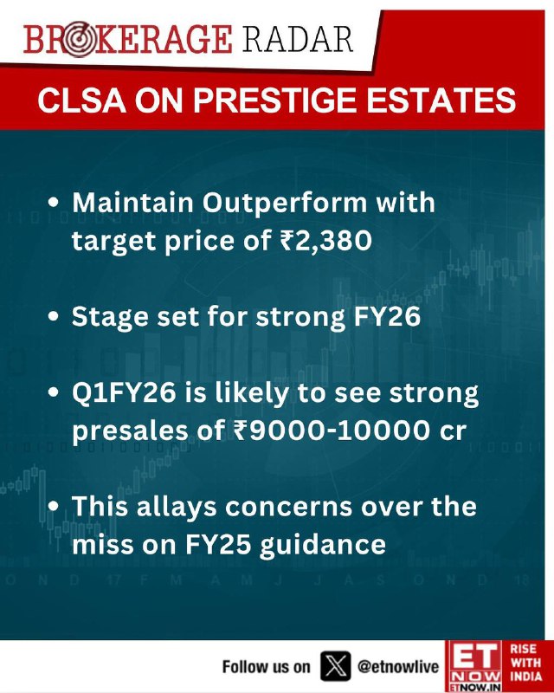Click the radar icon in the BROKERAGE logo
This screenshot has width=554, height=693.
(x=79, y=40)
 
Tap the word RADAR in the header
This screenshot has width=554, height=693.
(x=298, y=40)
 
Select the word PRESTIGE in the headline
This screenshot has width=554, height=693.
(x=274, y=100)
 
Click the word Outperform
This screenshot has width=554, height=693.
(x=285, y=204)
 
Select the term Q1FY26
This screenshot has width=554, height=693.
(x=124, y=394)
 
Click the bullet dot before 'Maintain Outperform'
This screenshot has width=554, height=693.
(x=54, y=204)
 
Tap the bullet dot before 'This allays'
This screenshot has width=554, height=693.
(x=54, y=507)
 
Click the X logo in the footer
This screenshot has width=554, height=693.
(x=336, y=666)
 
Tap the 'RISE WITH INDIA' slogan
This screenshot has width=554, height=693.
(x=525, y=662)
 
